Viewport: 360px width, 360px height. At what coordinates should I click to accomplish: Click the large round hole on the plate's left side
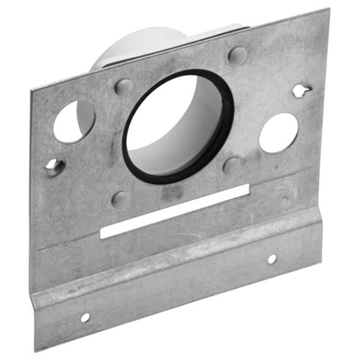point(74,121)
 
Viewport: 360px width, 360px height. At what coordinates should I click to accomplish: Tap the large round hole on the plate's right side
point(279,133)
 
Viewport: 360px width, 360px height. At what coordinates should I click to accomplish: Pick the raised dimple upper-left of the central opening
point(124,87)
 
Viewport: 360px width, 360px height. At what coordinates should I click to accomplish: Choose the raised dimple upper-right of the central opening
point(238,55)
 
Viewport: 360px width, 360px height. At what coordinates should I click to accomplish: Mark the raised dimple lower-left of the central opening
point(120,199)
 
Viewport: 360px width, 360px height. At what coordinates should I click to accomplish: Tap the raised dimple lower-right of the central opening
point(232,165)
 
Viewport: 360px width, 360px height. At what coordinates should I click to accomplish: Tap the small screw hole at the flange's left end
point(85,317)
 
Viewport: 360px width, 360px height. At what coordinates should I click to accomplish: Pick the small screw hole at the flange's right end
point(272,259)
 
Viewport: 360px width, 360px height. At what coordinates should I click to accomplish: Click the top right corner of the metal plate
point(328,9)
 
